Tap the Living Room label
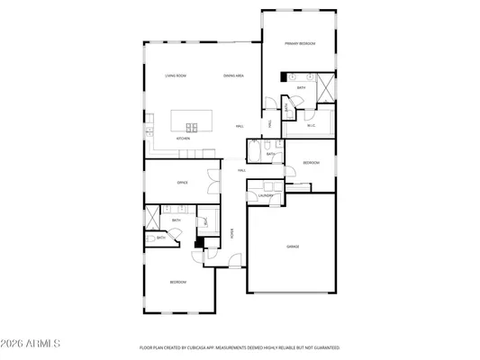click(x=175, y=76)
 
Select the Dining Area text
click(x=234, y=76)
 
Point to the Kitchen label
click(x=183, y=139)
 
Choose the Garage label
click(x=293, y=246)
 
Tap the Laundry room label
click(x=266, y=195)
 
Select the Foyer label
click(x=231, y=232)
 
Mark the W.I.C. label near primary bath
click(x=311, y=126)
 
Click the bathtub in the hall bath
click(x=255, y=154)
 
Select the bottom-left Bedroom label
click(x=177, y=283)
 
